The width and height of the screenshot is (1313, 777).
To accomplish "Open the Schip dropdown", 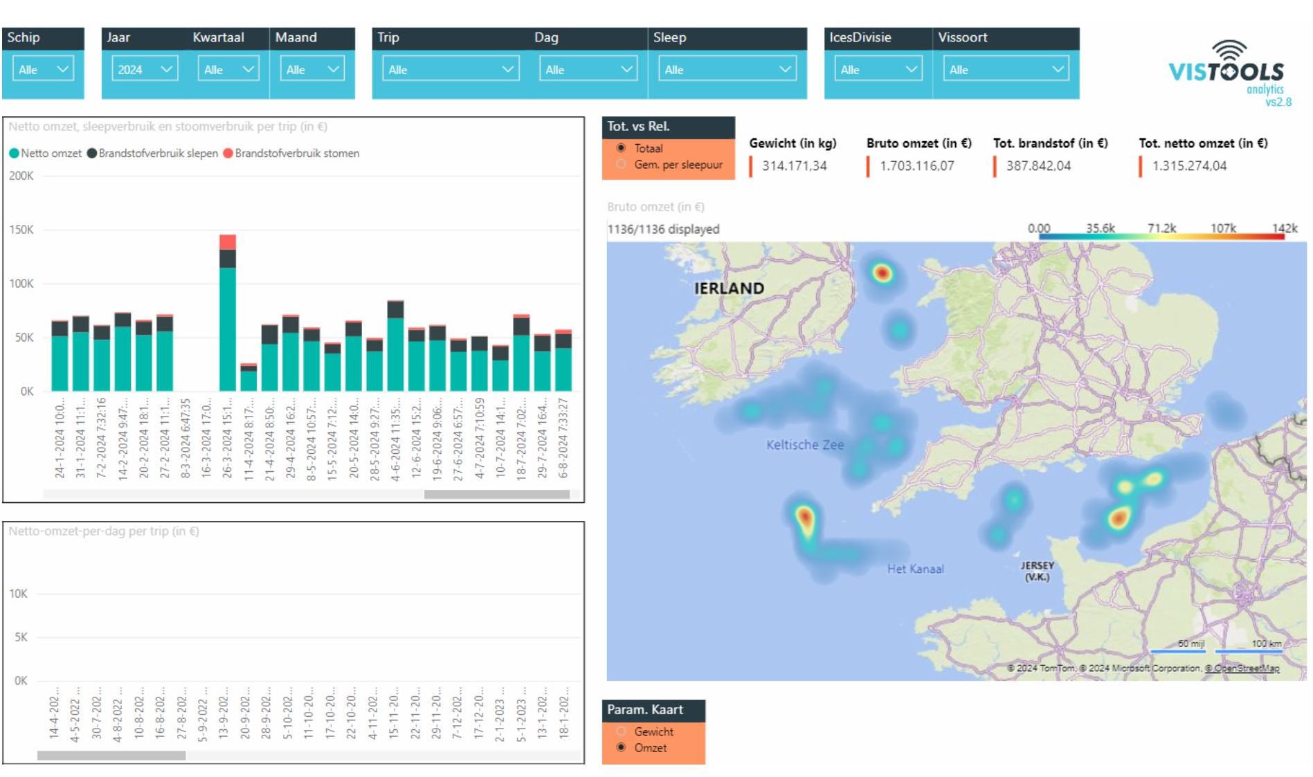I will click(44, 69).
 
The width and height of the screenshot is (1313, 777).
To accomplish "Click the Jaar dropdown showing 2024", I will click(144, 69).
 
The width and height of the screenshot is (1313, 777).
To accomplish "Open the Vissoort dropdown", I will click(1005, 69).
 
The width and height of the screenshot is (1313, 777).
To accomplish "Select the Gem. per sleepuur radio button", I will click(621, 165).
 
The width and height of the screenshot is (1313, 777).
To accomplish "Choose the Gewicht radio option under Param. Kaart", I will click(621, 731).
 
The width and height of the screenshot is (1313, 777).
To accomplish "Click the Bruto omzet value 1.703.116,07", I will click(916, 166).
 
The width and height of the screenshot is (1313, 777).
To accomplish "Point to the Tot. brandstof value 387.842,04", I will click(1038, 166).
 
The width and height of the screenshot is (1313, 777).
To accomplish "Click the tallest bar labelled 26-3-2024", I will click(228, 325).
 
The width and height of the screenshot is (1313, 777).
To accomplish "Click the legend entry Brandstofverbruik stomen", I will click(296, 154).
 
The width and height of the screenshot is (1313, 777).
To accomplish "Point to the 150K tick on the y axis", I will click(21, 230).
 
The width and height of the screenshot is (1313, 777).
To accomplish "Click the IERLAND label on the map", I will click(729, 289).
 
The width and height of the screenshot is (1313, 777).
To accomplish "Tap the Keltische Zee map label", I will click(804, 445).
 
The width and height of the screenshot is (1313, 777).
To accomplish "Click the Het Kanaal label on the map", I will click(915, 569).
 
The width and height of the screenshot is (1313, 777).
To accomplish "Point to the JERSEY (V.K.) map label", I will click(1036, 571).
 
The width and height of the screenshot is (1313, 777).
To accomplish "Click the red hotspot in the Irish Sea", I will click(882, 273).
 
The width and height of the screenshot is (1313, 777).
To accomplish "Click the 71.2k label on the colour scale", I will click(1161, 228).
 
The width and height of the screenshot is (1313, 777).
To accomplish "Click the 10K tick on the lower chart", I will click(19, 594).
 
